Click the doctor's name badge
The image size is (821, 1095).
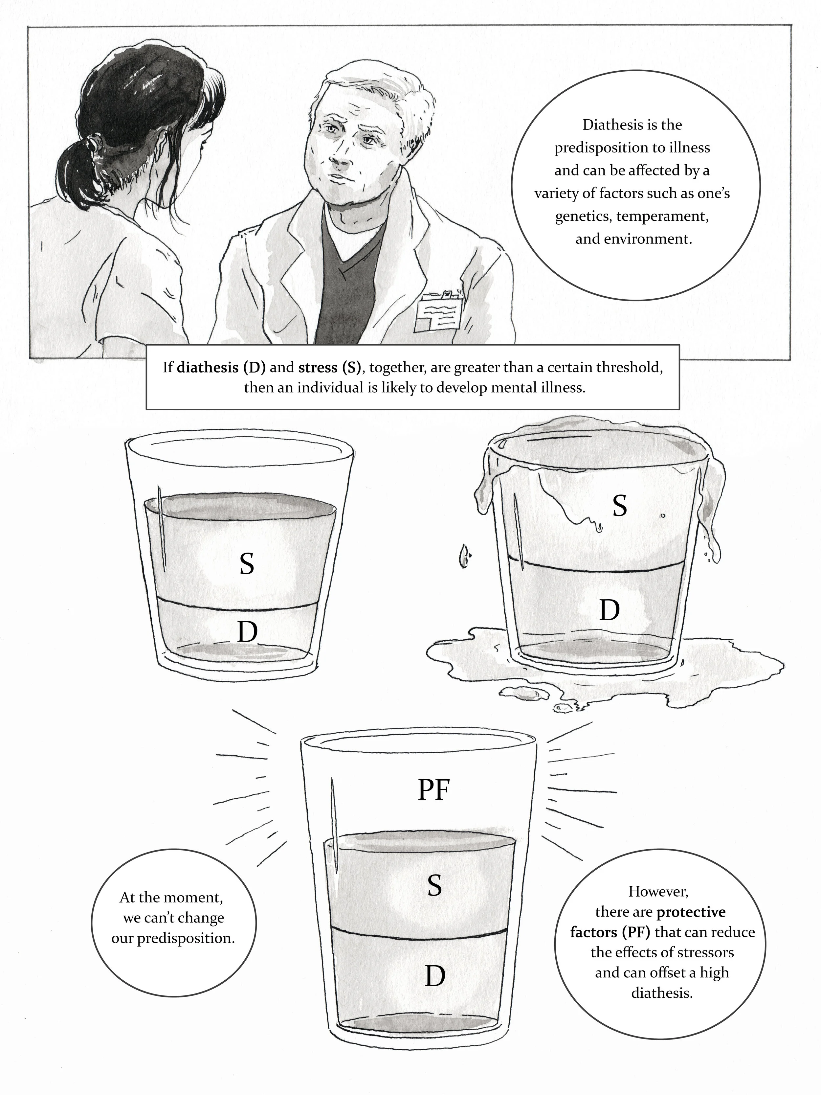[x=439, y=315]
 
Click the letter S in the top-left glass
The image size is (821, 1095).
[x=246, y=564]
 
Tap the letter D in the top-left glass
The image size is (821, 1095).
[x=247, y=632]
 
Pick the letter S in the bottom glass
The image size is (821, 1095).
[x=434, y=886]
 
